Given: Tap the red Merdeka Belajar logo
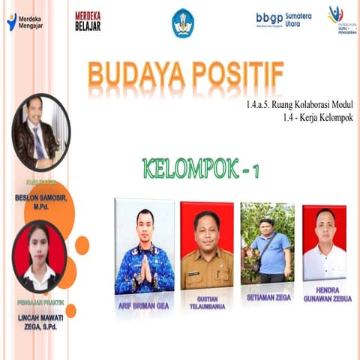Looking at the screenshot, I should pos(88,21).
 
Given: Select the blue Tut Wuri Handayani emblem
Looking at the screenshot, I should pos(182,22).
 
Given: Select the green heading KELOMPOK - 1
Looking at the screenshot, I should pos(200,168).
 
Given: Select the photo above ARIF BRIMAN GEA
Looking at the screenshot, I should pos(144,246).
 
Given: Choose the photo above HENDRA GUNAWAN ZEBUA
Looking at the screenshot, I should pos(324,242).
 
